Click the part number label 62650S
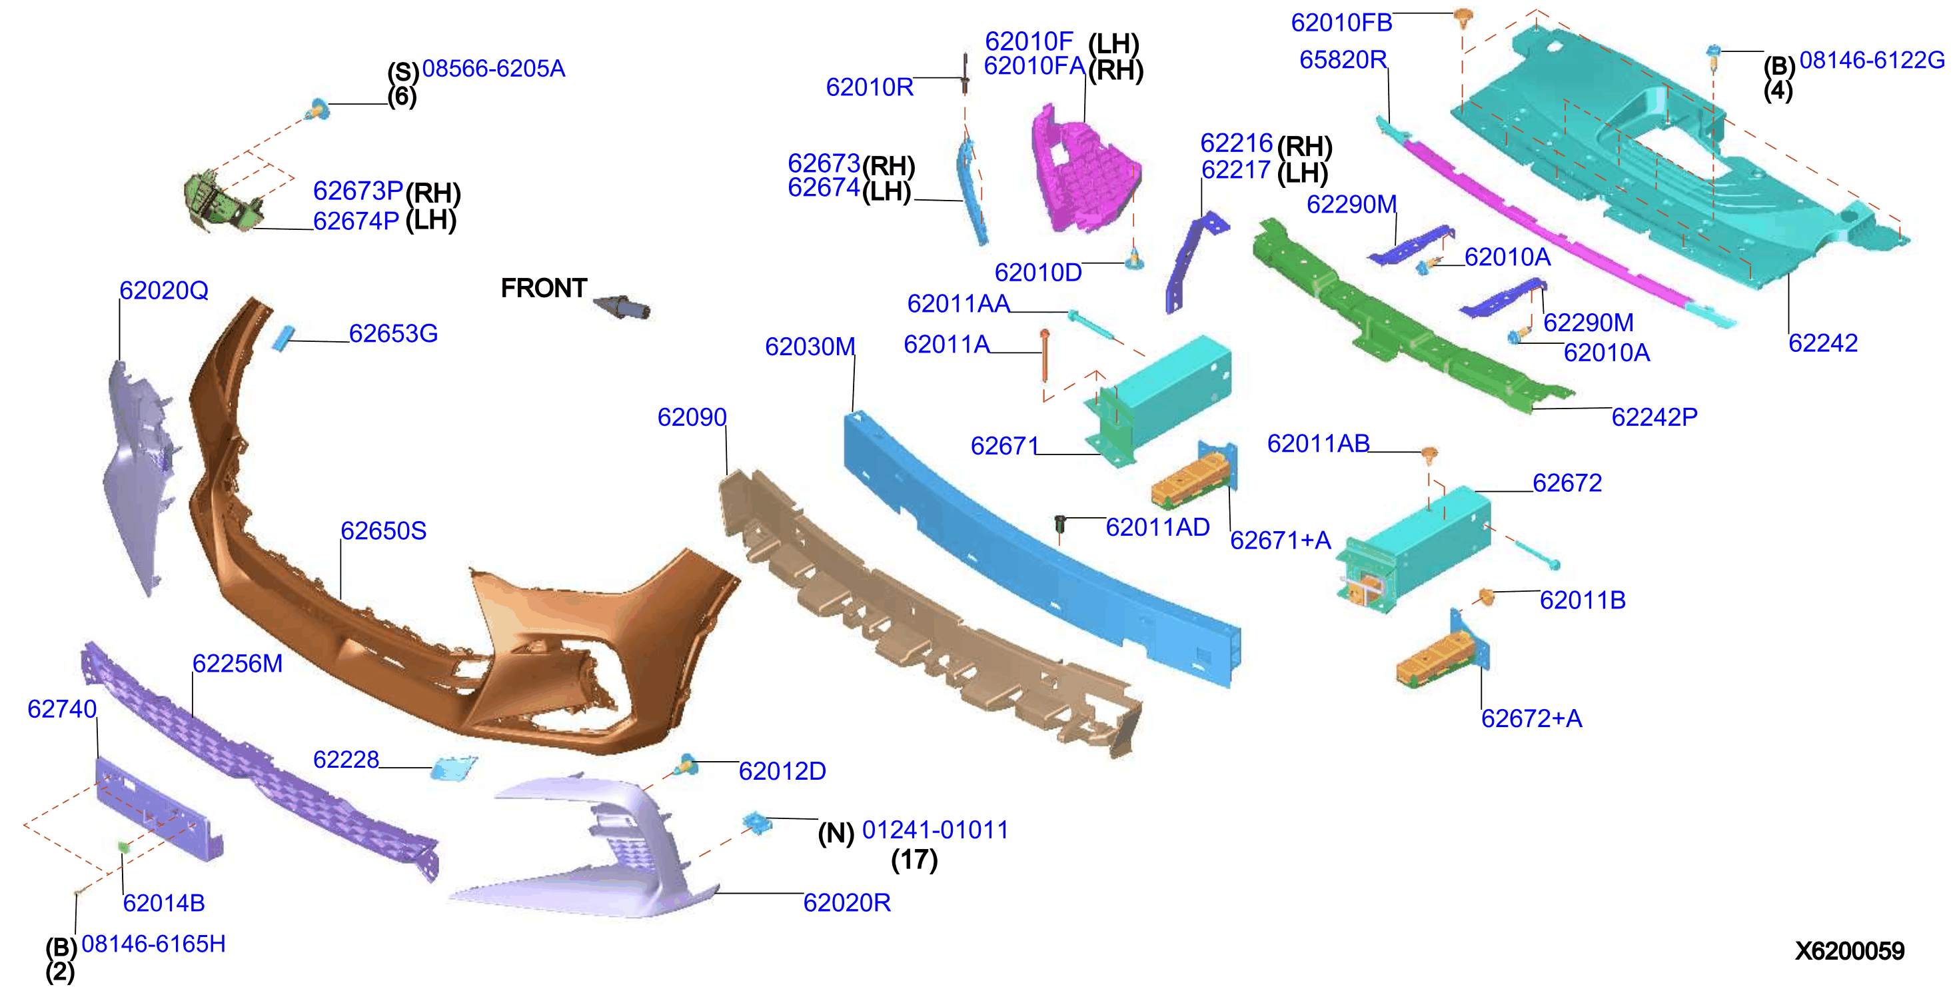(x=383, y=530)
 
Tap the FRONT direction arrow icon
(x=622, y=307)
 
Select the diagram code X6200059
(x=1850, y=950)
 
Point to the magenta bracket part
(x=1083, y=171)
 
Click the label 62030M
(x=810, y=346)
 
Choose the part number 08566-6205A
(x=493, y=69)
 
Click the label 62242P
(x=1654, y=417)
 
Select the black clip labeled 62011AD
(x=1060, y=523)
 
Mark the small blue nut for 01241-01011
(x=756, y=822)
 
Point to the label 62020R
(x=847, y=902)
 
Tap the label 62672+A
(x=1531, y=718)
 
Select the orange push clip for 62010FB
(x=1464, y=17)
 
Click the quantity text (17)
(x=914, y=859)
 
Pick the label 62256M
(x=237, y=663)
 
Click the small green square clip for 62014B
(x=123, y=846)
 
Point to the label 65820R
(x=1343, y=59)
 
